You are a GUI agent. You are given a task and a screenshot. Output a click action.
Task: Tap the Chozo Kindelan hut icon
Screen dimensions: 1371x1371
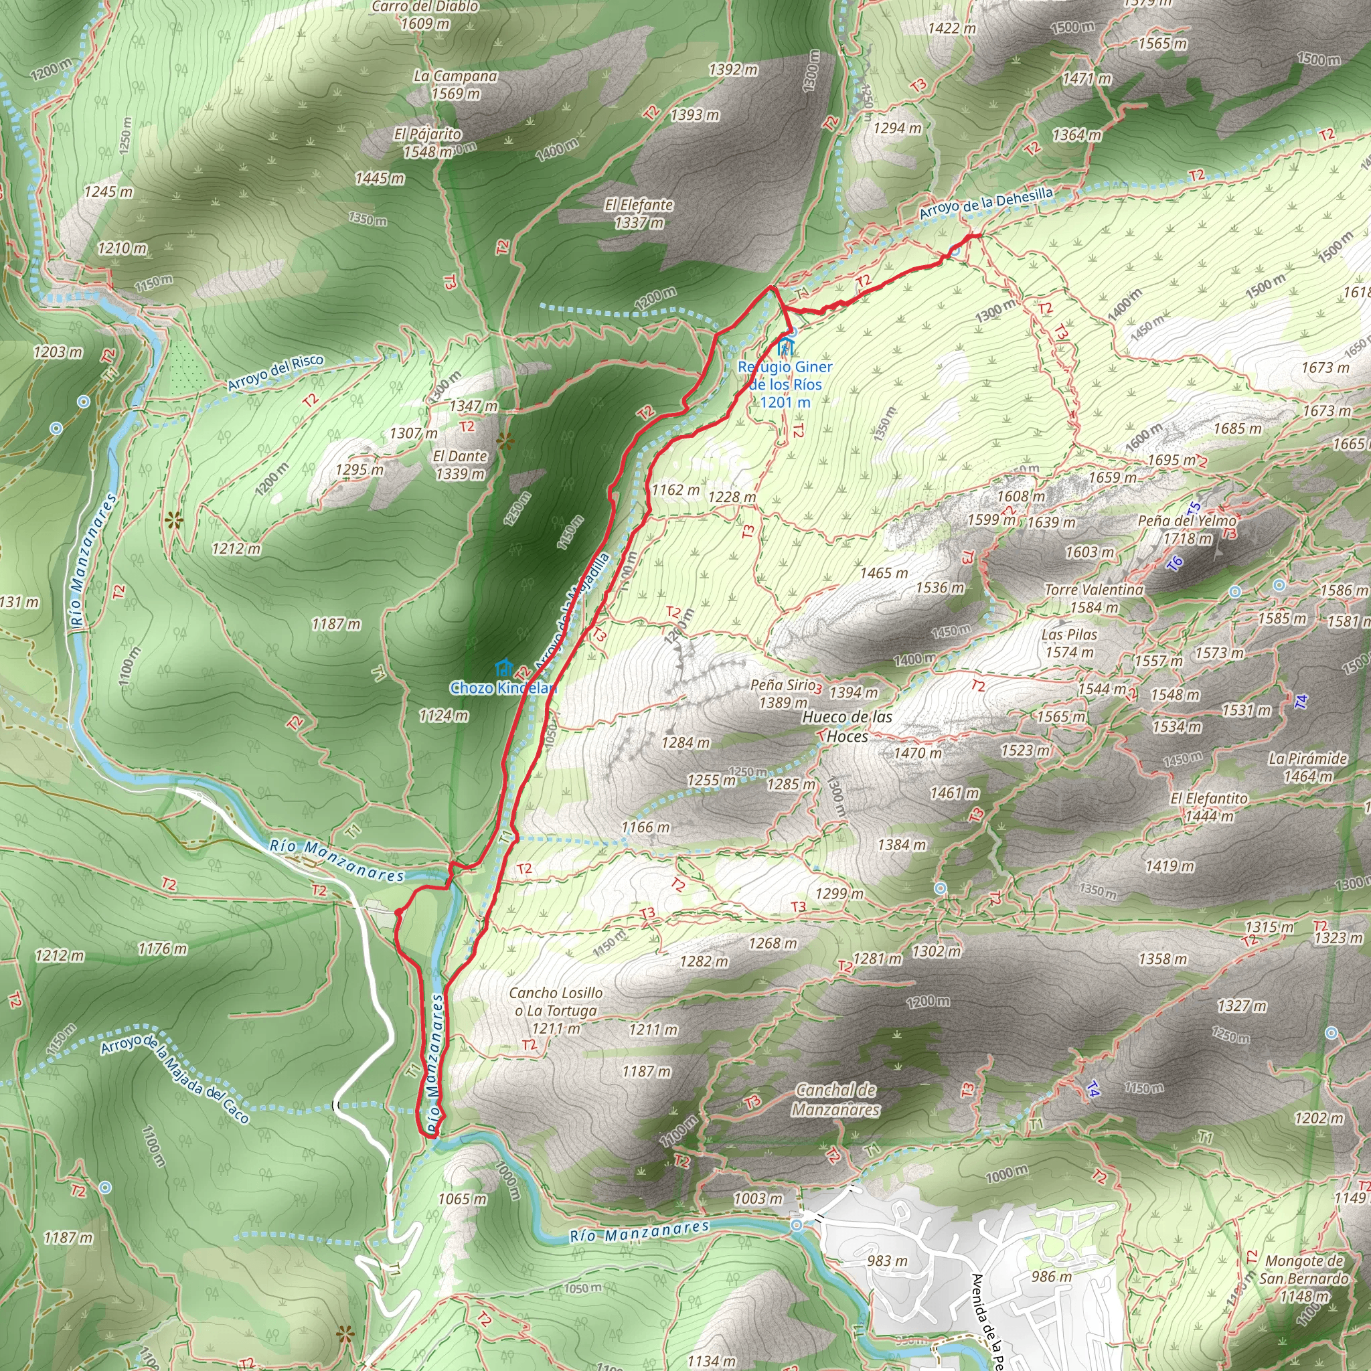pyautogui.click(x=504, y=667)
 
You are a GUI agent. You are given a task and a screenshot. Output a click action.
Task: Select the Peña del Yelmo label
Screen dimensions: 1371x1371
pyautogui.click(x=1186, y=521)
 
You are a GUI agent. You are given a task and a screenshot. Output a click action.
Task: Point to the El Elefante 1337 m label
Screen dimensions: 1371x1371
pyautogui.click(x=639, y=214)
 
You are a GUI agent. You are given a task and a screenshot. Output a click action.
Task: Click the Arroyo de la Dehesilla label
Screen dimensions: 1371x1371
pyautogui.click(x=985, y=203)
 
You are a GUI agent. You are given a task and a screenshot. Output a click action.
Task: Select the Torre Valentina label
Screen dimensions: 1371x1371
pyautogui.click(x=1094, y=590)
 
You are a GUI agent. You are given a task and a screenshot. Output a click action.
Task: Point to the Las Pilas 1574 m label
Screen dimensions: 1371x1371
pyautogui.click(x=1069, y=643)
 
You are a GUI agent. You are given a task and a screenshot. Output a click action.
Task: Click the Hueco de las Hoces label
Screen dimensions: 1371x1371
pyautogui.click(x=847, y=726)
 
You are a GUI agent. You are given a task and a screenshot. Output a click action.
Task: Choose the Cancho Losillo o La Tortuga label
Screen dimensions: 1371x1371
pyautogui.click(x=556, y=1001)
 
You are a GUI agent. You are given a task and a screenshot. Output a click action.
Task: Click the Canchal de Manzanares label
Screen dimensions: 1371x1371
pyautogui.click(x=836, y=1099)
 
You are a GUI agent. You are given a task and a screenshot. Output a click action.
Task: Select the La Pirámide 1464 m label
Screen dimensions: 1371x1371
pyautogui.click(x=1307, y=767)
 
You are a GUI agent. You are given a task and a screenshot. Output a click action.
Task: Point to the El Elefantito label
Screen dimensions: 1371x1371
pyautogui.click(x=1208, y=799)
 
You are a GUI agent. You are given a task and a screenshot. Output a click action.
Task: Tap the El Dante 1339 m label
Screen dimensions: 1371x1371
pyautogui.click(x=460, y=465)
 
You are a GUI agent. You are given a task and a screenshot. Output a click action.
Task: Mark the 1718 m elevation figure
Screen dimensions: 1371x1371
pyautogui.click(x=1187, y=539)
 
